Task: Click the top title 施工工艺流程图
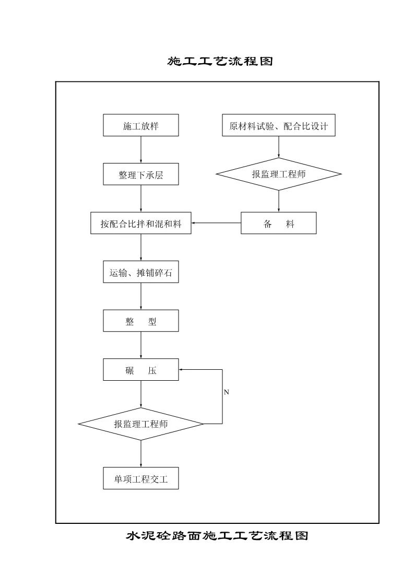coord(220,62)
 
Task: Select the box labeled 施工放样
coord(141,126)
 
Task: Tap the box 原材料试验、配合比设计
coord(279,126)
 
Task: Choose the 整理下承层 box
coord(141,174)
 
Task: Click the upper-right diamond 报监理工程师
coord(279,174)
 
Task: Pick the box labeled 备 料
coord(279,224)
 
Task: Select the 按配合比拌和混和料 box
coord(141,224)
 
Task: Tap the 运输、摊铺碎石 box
coord(141,272)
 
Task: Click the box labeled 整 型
coord(141,321)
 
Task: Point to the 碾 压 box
coord(141,370)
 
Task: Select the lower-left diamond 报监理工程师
coord(141,424)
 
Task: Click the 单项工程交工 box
coord(141,478)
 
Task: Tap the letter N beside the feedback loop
coord(226,392)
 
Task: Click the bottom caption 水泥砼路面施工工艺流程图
coord(217,536)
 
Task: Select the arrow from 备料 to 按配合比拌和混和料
coord(216,224)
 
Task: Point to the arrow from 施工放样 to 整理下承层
coord(141,150)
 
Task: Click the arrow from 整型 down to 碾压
coord(141,345)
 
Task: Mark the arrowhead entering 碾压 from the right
coord(182,370)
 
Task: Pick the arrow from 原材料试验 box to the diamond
coord(279,147)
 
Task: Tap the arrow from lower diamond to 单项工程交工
coord(141,454)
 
